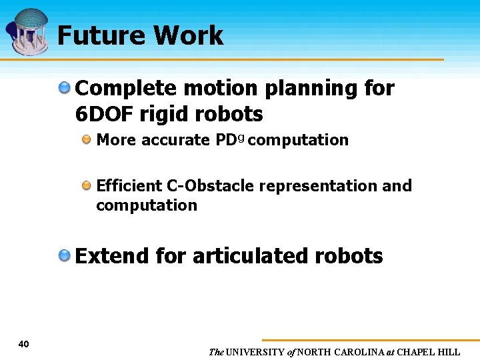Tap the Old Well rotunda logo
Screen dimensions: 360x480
(x=29, y=31)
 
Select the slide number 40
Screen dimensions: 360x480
(x=24, y=344)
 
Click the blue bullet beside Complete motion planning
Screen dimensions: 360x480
(x=65, y=87)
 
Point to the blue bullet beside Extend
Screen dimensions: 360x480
(x=65, y=255)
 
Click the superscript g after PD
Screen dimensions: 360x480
(x=241, y=137)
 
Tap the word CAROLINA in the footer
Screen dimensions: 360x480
(x=359, y=352)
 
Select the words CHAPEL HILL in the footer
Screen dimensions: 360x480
(x=429, y=352)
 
